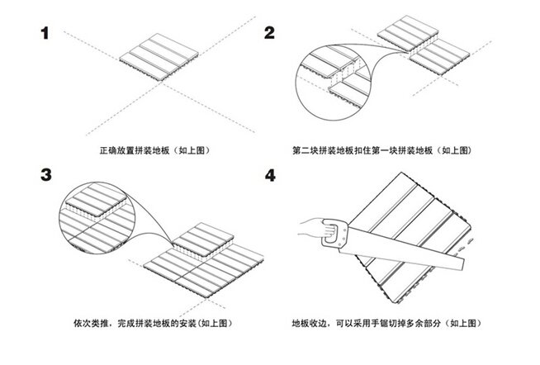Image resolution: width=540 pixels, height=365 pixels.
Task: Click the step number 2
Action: tap(270, 33)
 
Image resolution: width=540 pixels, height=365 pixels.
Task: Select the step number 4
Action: tap(271, 176)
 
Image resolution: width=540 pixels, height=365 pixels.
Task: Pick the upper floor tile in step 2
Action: tap(406, 32)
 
